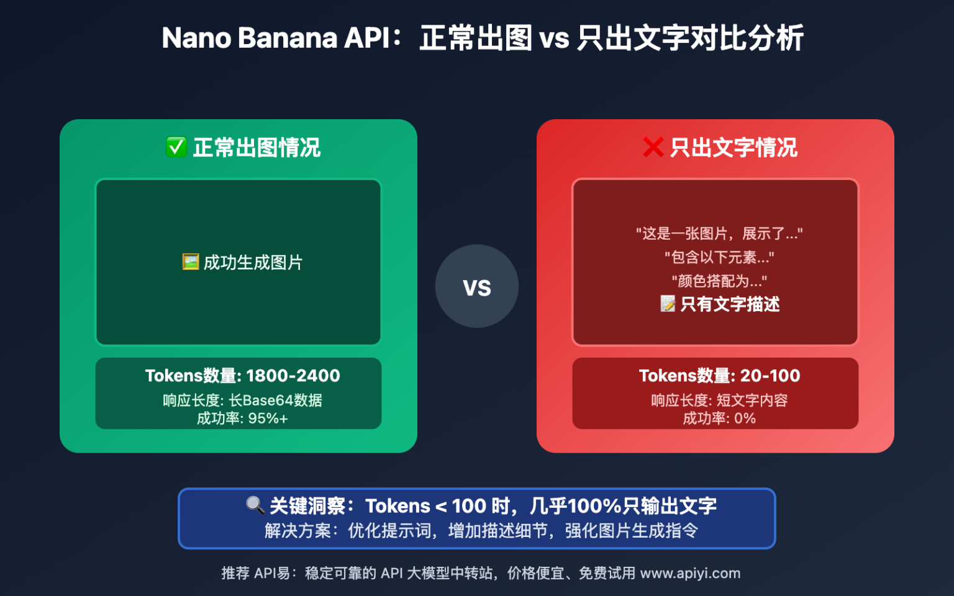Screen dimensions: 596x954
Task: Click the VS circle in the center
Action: coord(476,286)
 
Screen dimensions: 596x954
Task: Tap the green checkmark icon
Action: coord(176,147)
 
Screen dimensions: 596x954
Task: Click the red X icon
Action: coord(653,147)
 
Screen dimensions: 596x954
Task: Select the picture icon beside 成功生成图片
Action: coord(190,262)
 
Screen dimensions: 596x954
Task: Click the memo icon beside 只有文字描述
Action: coord(668,304)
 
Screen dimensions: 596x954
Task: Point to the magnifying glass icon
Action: coord(255,505)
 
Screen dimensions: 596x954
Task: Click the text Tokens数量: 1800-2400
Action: coord(242,376)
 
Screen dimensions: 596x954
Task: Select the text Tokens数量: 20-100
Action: coord(719,376)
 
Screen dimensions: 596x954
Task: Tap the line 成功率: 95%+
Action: coord(242,418)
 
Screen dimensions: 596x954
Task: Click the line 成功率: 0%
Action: coord(719,418)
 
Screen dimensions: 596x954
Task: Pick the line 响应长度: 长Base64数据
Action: coord(242,400)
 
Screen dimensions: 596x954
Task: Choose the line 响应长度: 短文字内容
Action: coord(719,400)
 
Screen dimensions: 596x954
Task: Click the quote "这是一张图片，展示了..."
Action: coord(719,233)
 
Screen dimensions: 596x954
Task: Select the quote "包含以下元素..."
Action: coord(719,257)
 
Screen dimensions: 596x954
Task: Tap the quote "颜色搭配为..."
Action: coord(719,281)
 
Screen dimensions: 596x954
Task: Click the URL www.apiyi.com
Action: coord(690,573)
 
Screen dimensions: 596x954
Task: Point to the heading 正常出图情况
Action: coord(257,148)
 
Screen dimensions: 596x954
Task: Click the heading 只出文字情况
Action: coord(734,148)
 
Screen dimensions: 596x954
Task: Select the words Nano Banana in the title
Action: coord(249,38)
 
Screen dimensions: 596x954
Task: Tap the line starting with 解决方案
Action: coord(481,531)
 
